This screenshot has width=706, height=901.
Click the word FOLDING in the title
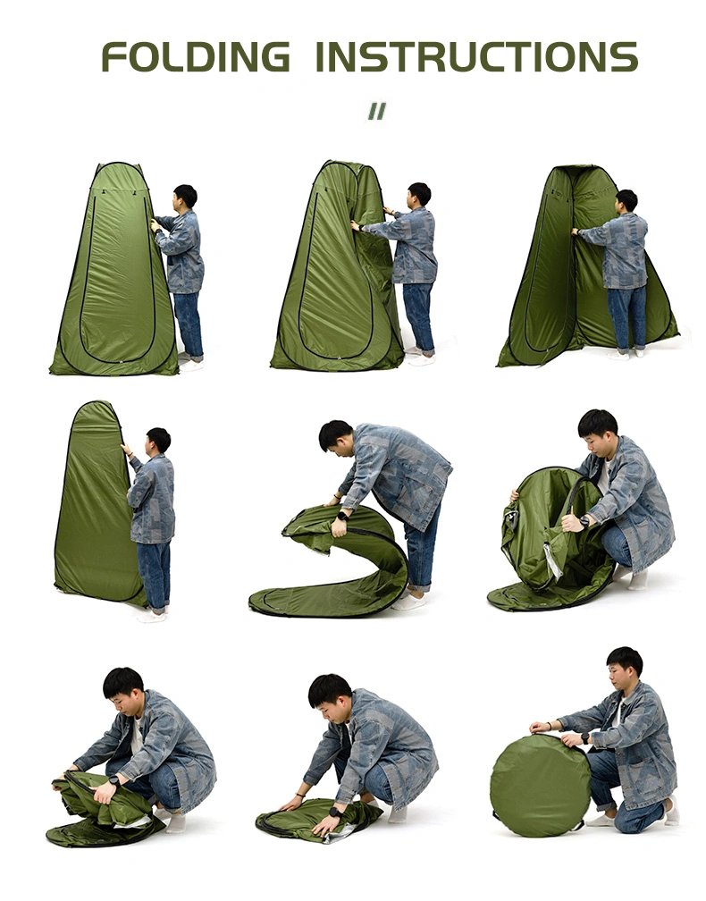tap(196, 57)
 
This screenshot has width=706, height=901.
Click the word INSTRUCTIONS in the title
tap(477, 57)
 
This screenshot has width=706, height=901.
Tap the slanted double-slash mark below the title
tap(377, 111)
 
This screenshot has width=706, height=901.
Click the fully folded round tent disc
tap(540, 785)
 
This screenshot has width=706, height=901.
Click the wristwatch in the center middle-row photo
tap(342, 516)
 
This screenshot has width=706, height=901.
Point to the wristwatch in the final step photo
tap(584, 737)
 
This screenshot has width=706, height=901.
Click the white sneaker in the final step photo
tap(671, 812)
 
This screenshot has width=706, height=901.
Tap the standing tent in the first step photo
tap(116, 270)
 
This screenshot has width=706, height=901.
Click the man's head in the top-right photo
tap(626, 201)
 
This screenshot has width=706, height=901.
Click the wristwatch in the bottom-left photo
tap(114, 780)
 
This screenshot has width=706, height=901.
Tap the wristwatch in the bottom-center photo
tap(334, 812)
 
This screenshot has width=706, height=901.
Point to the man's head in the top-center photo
tap(419, 196)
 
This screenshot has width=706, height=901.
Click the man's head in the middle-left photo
tap(157, 442)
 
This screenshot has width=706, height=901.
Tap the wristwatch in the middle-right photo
tap(584, 522)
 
